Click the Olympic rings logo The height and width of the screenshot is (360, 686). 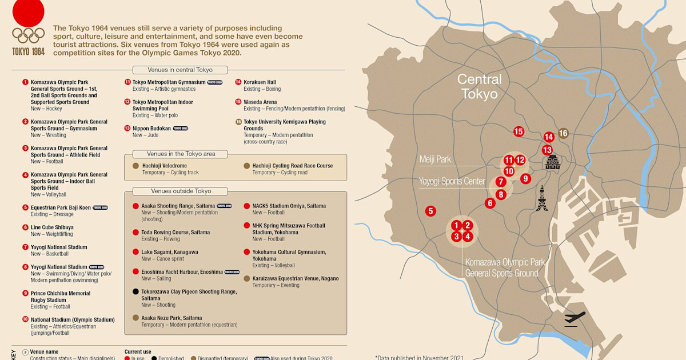tap(29, 35)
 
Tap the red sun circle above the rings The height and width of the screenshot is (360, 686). tap(28, 11)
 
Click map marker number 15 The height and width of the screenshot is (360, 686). tap(519, 131)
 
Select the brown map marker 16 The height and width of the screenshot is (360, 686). tap(563, 133)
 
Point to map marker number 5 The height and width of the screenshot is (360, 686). tap(430, 211)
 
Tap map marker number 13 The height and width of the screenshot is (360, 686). tap(547, 150)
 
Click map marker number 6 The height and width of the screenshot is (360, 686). tap(489, 203)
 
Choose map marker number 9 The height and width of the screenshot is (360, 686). tap(526, 178)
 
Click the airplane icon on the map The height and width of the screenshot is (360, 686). tap(575, 318)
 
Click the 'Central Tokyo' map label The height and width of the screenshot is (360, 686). tap(479, 86)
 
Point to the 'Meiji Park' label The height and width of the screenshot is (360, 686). tap(435, 159)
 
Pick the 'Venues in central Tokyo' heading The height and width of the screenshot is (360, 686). tap(180, 70)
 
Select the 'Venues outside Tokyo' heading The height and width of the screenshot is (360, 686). tap(180, 191)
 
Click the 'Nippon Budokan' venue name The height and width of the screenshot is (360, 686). tap(151, 129)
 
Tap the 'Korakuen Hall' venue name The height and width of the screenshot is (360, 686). tap(260, 82)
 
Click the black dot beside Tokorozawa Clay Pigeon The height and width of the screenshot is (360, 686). tap(135, 291)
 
